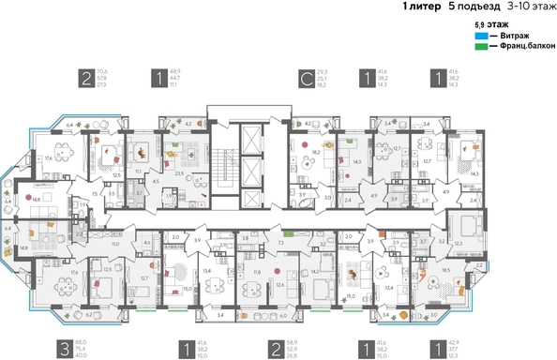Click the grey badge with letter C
click(306, 78)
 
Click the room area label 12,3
click(459, 243)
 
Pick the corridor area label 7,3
click(280, 242)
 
